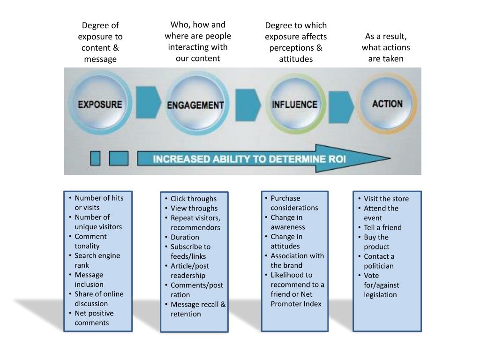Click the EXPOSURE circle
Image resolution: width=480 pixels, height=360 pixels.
tap(99, 104)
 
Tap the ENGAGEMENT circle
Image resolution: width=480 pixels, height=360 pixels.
tap(195, 105)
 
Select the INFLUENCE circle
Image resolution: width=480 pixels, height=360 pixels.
tap(295, 104)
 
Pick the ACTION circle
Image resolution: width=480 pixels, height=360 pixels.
tap(387, 104)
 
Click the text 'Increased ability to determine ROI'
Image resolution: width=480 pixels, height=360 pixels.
tap(249, 159)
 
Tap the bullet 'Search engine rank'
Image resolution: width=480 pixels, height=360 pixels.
tap(97, 260)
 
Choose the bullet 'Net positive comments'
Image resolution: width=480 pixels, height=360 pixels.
tap(94, 318)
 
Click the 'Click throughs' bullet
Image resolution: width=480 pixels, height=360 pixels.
tap(193, 199)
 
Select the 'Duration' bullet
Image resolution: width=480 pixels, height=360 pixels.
tap(185, 237)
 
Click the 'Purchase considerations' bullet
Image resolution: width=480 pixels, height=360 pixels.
tap(294, 203)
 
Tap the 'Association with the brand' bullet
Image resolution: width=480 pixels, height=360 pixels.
tap(297, 261)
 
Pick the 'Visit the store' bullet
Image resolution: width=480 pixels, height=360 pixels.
tap(386, 199)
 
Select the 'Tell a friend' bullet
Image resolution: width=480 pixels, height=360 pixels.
tap(382, 227)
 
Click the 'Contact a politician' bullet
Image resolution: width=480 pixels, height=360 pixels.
tap(379, 261)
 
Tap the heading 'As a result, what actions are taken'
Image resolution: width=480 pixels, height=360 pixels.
tap(386, 47)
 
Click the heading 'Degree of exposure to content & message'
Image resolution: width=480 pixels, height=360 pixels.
tap(100, 42)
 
